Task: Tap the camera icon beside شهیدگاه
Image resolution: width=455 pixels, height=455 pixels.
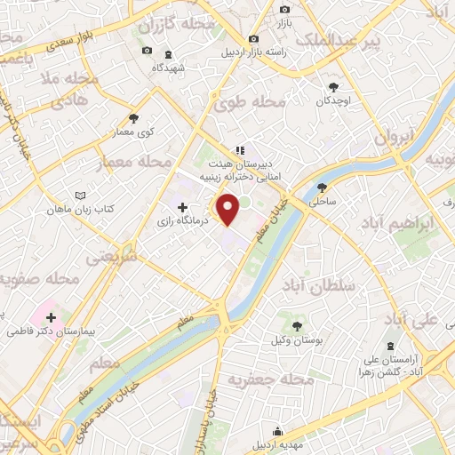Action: pyautogui.click(x=147, y=50)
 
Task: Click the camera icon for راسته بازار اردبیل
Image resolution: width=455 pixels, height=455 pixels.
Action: pyautogui.click(x=254, y=39)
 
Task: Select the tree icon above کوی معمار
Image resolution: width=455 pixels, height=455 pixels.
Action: pyautogui.click(x=133, y=117)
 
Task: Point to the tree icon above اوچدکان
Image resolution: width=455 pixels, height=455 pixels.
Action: pyautogui.click(x=333, y=87)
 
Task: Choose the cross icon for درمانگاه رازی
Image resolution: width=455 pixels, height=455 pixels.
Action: pyautogui.click(x=183, y=207)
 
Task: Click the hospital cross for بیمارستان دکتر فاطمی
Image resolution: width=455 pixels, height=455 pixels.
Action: pyautogui.click(x=51, y=316)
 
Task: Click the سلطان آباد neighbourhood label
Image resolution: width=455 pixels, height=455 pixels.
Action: pyautogui.click(x=331, y=286)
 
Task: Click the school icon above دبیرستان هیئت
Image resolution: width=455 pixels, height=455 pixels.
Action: pyautogui.click(x=238, y=150)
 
